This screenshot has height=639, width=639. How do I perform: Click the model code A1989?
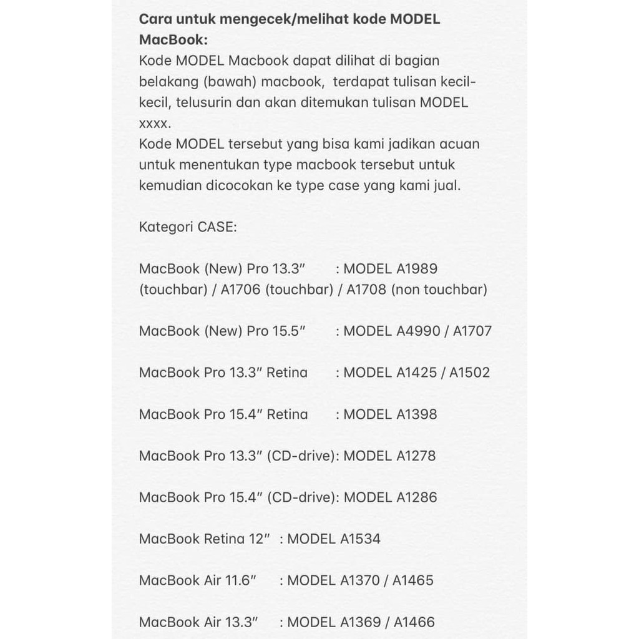coord(417,269)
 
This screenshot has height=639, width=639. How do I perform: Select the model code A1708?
coord(367,290)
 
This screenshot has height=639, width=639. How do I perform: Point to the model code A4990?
coord(417,331)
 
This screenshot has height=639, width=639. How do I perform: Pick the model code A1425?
coord(417,373)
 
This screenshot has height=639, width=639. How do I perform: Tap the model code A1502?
coord(470,373)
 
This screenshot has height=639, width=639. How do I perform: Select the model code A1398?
coord(417,414)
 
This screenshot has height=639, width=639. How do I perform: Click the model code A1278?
coord(416,456)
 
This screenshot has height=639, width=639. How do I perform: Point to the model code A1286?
coord(417,497)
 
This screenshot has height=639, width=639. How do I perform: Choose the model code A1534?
coord(360,539)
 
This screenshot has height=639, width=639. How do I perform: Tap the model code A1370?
coord(360,580)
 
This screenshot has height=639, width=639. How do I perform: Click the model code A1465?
coord(413,580)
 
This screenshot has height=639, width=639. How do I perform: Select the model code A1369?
coord(360,622)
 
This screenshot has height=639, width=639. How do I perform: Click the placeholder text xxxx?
coord(154,124)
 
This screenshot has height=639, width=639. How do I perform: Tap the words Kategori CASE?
coord(188,227)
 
